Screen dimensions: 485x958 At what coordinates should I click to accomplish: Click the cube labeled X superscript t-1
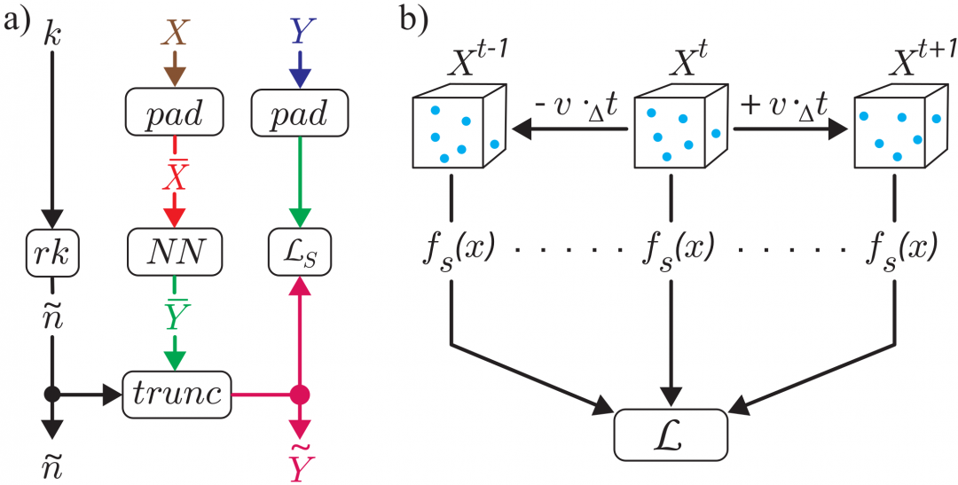(457, 129)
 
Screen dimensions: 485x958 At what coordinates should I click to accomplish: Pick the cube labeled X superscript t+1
(895, 129)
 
